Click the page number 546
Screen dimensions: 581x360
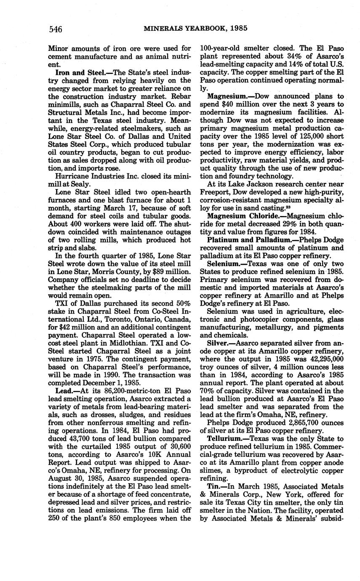tap(56, 29)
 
